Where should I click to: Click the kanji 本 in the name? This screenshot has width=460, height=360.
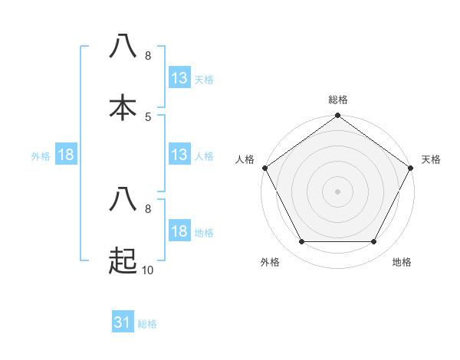click(x=123, y=107)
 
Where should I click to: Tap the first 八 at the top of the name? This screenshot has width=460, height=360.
click(x=123, y=46)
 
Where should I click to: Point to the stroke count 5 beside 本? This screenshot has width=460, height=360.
click(x=148, y=116)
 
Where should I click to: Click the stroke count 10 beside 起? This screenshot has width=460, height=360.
click(x=147, y=270)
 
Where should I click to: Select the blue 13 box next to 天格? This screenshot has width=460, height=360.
click(x=179, y=78)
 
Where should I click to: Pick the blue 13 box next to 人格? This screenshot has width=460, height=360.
click(x=179, y=155)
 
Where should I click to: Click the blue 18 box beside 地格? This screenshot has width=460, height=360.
click(x=179, y=231)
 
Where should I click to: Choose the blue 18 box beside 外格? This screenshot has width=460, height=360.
click(x=66, y=155)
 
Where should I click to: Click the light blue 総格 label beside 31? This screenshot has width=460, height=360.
click(x=147, y=324)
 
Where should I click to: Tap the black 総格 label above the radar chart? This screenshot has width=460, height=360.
click(x=338, y=100)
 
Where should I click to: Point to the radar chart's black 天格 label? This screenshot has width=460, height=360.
click(x=431, y=159)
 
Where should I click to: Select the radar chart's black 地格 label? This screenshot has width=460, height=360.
click(x=402, y=262)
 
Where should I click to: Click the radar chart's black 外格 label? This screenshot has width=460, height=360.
click(x=270, y=262)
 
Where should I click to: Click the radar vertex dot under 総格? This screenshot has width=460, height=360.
click(x=337, y=116)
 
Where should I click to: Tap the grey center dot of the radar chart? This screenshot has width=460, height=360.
click(x=337, y=191)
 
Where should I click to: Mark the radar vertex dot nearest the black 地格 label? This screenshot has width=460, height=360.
click(x=374, y=242)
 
